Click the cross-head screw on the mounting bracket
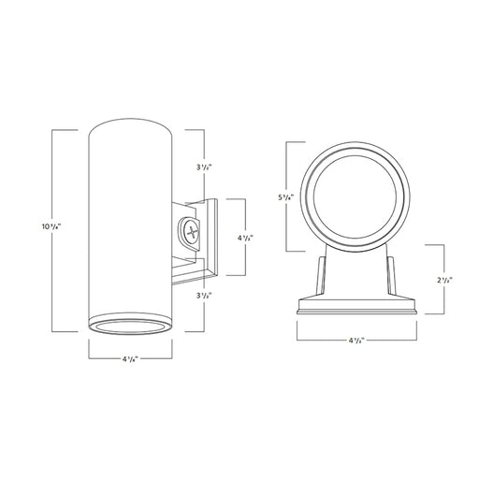[191, 231]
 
